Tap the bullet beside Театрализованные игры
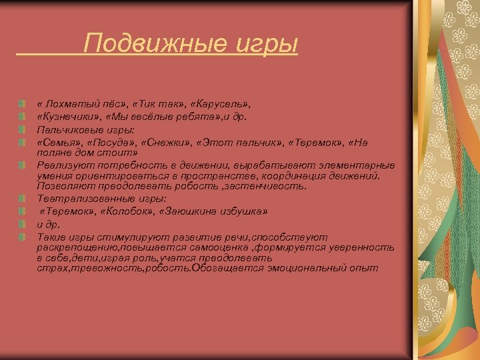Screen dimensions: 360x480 (x=23, y=199)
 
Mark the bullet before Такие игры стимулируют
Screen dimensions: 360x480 (x=23, y=237)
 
